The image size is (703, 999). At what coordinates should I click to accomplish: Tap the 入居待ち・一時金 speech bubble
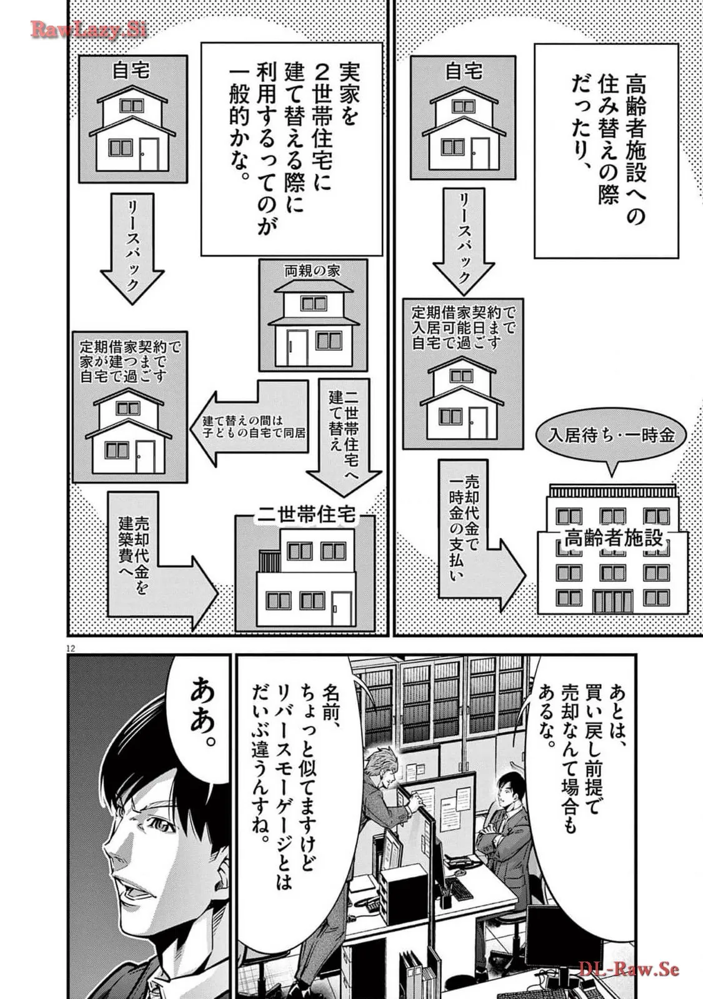point(612,435)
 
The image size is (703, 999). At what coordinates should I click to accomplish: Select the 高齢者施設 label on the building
point(613,538)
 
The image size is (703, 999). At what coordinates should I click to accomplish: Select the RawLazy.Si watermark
point(87,30)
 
